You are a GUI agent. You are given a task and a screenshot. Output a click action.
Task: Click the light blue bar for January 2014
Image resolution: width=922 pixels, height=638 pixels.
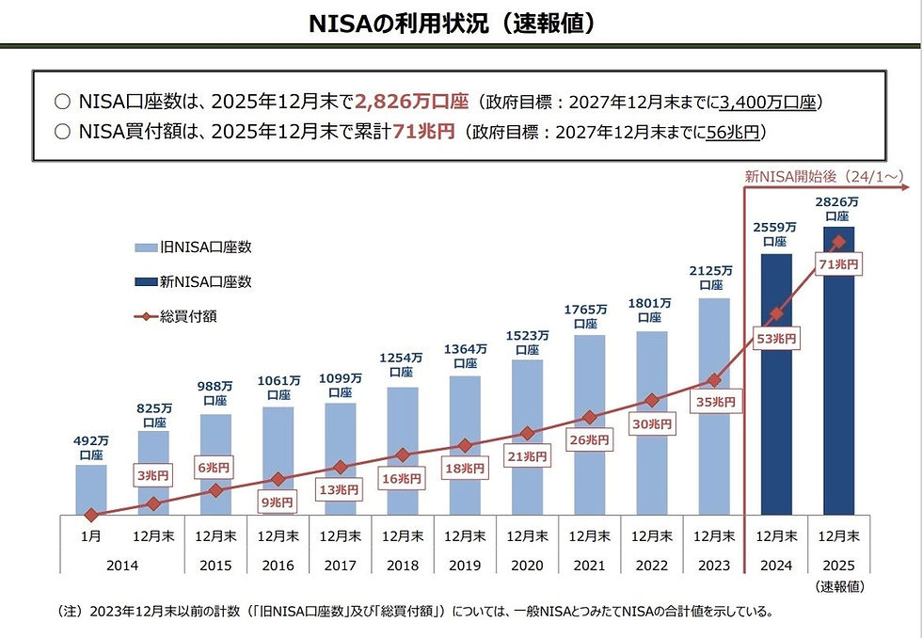(91, 489)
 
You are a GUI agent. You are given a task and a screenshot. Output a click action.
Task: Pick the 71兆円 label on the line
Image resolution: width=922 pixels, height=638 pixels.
(839, 266)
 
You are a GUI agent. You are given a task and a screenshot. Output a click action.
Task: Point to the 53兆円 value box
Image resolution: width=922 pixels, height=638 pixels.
(777, 339)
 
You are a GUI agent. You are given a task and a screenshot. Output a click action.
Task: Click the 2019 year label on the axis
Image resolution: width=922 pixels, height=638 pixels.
(465, 565)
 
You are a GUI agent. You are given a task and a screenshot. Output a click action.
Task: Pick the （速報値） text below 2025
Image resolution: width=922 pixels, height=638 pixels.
(840, 586)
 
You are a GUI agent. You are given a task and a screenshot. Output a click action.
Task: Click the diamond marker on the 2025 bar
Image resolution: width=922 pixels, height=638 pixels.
(839, 243)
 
